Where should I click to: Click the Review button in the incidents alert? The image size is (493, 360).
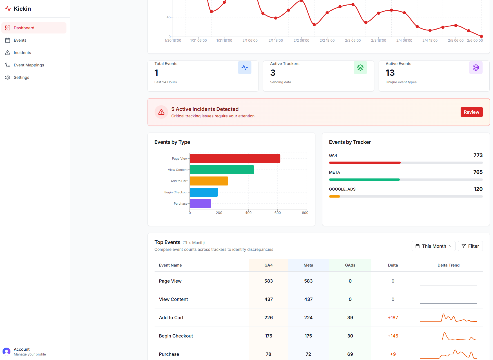[x=471, y=112]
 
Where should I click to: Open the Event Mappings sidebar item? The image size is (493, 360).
[x=29, y=65]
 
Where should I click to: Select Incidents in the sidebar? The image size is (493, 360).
[x=22, y=53]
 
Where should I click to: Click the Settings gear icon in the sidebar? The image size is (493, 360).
[x=8, y=77]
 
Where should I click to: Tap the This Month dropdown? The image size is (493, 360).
[x=433, y=246]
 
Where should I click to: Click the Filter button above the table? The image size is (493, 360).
[x=470, y=246]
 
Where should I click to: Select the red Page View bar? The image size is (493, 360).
[x=235, y=158]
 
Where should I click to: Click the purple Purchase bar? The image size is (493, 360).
[x=200, y=204]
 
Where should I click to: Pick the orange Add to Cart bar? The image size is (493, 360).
[x=209, y=181]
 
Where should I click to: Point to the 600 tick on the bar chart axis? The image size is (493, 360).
[x=277, y=213]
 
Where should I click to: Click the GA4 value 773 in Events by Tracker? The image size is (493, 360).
[x=478, y=155]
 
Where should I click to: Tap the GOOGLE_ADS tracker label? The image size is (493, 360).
[x=342, y=189]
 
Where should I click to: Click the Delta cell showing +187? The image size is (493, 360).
[x=393, y=317]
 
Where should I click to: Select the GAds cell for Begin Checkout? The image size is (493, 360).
[x=350, y=336]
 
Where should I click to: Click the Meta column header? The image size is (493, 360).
[x=308, y=265]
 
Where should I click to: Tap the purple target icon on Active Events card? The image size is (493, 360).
[x=476, y=68]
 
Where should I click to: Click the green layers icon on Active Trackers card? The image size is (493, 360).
[x=360, y=68]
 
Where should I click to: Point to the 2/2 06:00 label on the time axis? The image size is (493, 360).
[x=301, y=41]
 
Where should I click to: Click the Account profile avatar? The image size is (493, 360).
[x=6, y=352]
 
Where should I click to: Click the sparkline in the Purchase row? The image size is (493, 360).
[x=448, y=354]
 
